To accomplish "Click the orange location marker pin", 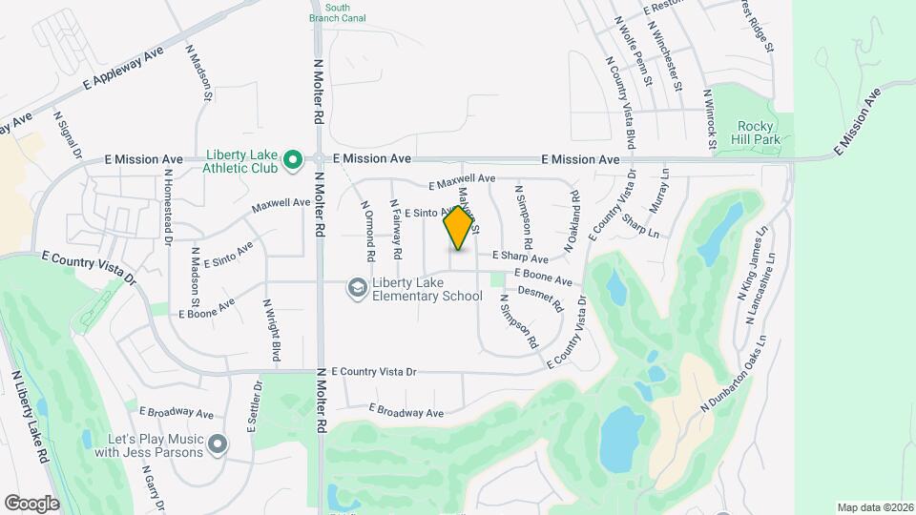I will click(459, 227).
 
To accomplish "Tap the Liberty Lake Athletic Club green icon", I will click(294, 159).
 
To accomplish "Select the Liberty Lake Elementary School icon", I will click(356, 288).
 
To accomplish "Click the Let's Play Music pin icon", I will click(219, 443).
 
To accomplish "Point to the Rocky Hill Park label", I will click(760, 133).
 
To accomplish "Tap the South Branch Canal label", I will click(331, 12).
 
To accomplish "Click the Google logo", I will click(31, 503).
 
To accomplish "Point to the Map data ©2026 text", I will click(874, 507).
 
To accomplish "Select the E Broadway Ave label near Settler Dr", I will click(177, 412).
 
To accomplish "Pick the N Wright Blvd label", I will click(273, 330).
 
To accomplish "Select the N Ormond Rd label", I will click(367, 231).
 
